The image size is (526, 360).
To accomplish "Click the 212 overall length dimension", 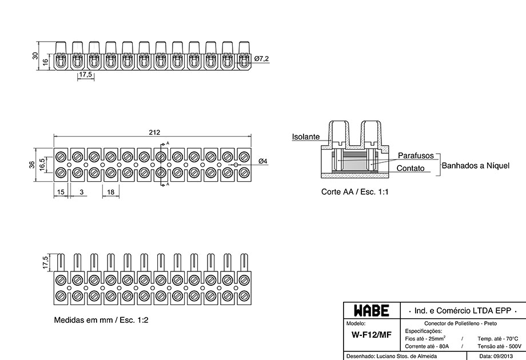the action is (154, 133).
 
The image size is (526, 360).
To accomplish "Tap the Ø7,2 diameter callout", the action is (261, 59).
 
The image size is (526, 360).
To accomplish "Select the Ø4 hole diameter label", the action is (263, 161).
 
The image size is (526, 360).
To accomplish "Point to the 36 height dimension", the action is (32, 165).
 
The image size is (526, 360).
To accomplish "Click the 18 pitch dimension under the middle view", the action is (111, 192).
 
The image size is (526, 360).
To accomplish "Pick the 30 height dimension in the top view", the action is (35, 55).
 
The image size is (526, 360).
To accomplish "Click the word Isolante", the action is (306, 137).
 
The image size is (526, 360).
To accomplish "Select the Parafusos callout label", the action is (416, 155).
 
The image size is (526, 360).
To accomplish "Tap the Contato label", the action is (411, 168).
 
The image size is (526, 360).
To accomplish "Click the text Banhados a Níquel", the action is (475, 166).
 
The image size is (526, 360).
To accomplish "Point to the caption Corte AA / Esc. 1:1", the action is (354, 192).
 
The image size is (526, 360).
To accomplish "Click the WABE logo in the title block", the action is (372, 311).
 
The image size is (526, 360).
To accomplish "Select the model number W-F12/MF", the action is (372, 335).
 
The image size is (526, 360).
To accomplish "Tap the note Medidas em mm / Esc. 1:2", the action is (101, 320).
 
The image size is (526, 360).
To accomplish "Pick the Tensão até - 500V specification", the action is (500, 346).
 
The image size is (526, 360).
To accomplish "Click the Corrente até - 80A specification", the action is (427, 346).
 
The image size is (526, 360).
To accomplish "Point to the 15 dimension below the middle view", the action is (61, 192).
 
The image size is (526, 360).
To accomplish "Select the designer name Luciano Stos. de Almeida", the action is (407, 357).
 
